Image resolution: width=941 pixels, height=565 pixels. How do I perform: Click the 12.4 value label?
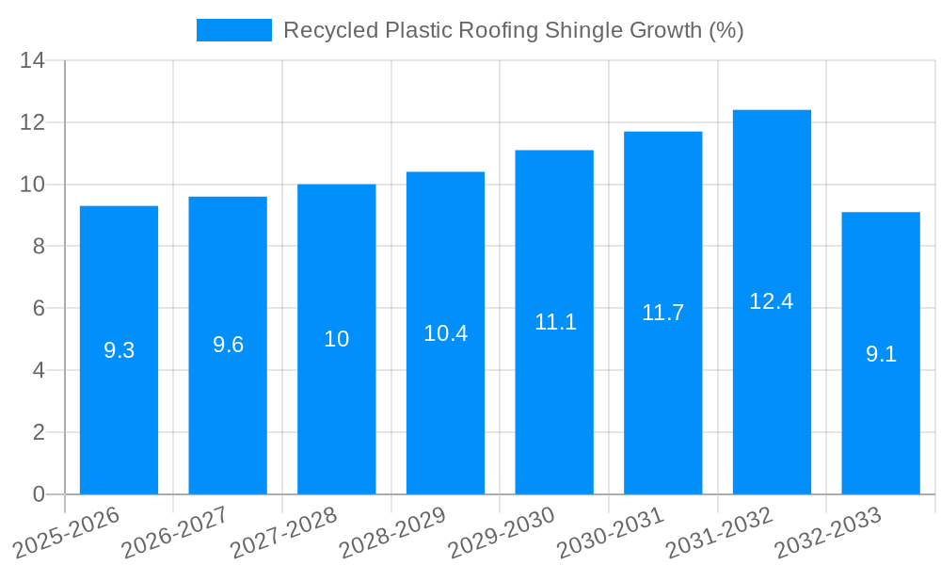point(772,301)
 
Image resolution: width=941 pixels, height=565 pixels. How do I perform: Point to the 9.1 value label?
point(881,354)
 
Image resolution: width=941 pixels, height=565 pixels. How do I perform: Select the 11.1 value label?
point(554,322)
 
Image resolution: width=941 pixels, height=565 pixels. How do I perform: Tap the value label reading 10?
point(337,339)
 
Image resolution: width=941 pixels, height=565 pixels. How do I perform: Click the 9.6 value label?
point(228,345)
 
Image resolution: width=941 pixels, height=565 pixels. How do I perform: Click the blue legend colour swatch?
point(233,30)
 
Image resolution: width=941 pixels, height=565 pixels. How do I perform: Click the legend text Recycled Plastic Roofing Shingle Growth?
point(513,30)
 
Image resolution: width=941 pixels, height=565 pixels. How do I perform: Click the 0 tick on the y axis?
point(39,494)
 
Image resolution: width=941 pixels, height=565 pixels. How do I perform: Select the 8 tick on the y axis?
point(39,247)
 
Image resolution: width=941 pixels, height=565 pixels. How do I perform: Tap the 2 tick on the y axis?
point(39,432)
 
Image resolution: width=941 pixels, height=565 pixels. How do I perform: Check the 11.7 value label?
point(663,313)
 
